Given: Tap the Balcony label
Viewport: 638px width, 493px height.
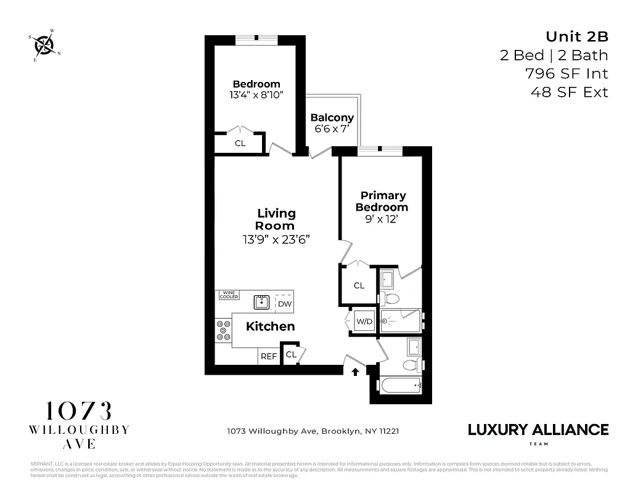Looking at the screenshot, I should click(x=332, y=118).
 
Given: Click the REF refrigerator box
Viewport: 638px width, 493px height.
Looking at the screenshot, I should click(x=268, y=356).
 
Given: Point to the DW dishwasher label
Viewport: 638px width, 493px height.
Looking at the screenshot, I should click(x=284, y=304).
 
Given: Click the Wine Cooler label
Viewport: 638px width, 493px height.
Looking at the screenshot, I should click(x=229, y=295).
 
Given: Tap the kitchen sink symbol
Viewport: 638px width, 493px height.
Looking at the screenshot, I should click(x=262, y=302).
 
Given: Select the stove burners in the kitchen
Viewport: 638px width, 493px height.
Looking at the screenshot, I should click(x=222, y=330).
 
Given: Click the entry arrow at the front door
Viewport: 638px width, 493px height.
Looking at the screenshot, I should click(x=355, y=372).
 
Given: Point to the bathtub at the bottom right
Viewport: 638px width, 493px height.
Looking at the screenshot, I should click(x=399, y=387).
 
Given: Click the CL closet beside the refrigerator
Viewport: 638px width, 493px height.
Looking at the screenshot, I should click(x=291, y=354).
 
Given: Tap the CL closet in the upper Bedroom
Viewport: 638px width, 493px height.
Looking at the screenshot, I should click(x=240, y=143).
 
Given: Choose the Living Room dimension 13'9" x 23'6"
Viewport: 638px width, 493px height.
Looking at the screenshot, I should click(x=276, y=239).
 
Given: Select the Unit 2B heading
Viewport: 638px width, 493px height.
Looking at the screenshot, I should click(x=577, y=36).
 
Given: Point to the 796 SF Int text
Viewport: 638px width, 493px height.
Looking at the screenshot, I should click(x=566, y=73).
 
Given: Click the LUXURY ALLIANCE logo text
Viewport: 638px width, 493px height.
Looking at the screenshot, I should click(x=538, y=430).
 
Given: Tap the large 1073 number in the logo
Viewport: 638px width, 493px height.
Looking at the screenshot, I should click(x=78, y=411).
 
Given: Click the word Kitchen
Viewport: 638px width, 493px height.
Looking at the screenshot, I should click(x=270, y=327).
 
